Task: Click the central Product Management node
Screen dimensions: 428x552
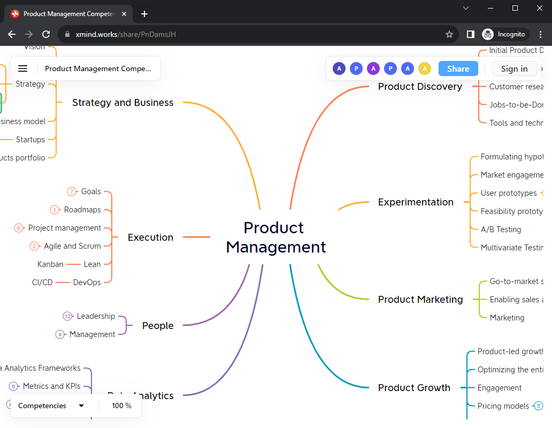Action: pyautogui.click(x=275, y=237)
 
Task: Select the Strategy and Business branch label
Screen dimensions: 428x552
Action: pyautogui.click(x=123, y=103)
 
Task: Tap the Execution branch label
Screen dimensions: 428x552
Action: pyautogui.click(x=150, y=238)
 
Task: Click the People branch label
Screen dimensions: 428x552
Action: pyautogui.click(x=158, y=326)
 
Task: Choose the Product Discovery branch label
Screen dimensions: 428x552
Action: pyautogui.click(x=420, y=87)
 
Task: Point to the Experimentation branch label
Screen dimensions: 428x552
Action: pyautogui.click(x=416, y=202)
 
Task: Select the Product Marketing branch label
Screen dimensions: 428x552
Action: pyautogui.click(x=420, y=300)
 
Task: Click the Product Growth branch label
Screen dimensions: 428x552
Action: pyautogui.click(x=414, y=388)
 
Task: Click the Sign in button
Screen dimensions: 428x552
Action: pyautogui.click(x=514, y=68)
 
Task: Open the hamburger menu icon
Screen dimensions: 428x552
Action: pyautogui.click(x=22, y=68)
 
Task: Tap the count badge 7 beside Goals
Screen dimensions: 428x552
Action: pyautogui.click(x=72, y=192)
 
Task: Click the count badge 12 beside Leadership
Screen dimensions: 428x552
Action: pyautogui.click(x=67, y=316)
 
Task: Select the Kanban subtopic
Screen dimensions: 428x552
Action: pyautogui.click(x=50, y=264)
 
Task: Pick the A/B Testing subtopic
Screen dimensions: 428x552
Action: pyautogui.click(x=501, y=230)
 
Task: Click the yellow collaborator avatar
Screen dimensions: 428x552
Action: pyautogui.click(x=424, y=68)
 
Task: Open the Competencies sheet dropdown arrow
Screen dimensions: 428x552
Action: pyautogui.click(x=81, y=406)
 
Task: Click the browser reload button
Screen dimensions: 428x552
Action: pyautogui.click(x=46, y=34)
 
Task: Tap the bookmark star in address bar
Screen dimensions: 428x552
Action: pyautogui.click(x=449, y=34)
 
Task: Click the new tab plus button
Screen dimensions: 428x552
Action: pyautogui.click(x=144, y=14)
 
